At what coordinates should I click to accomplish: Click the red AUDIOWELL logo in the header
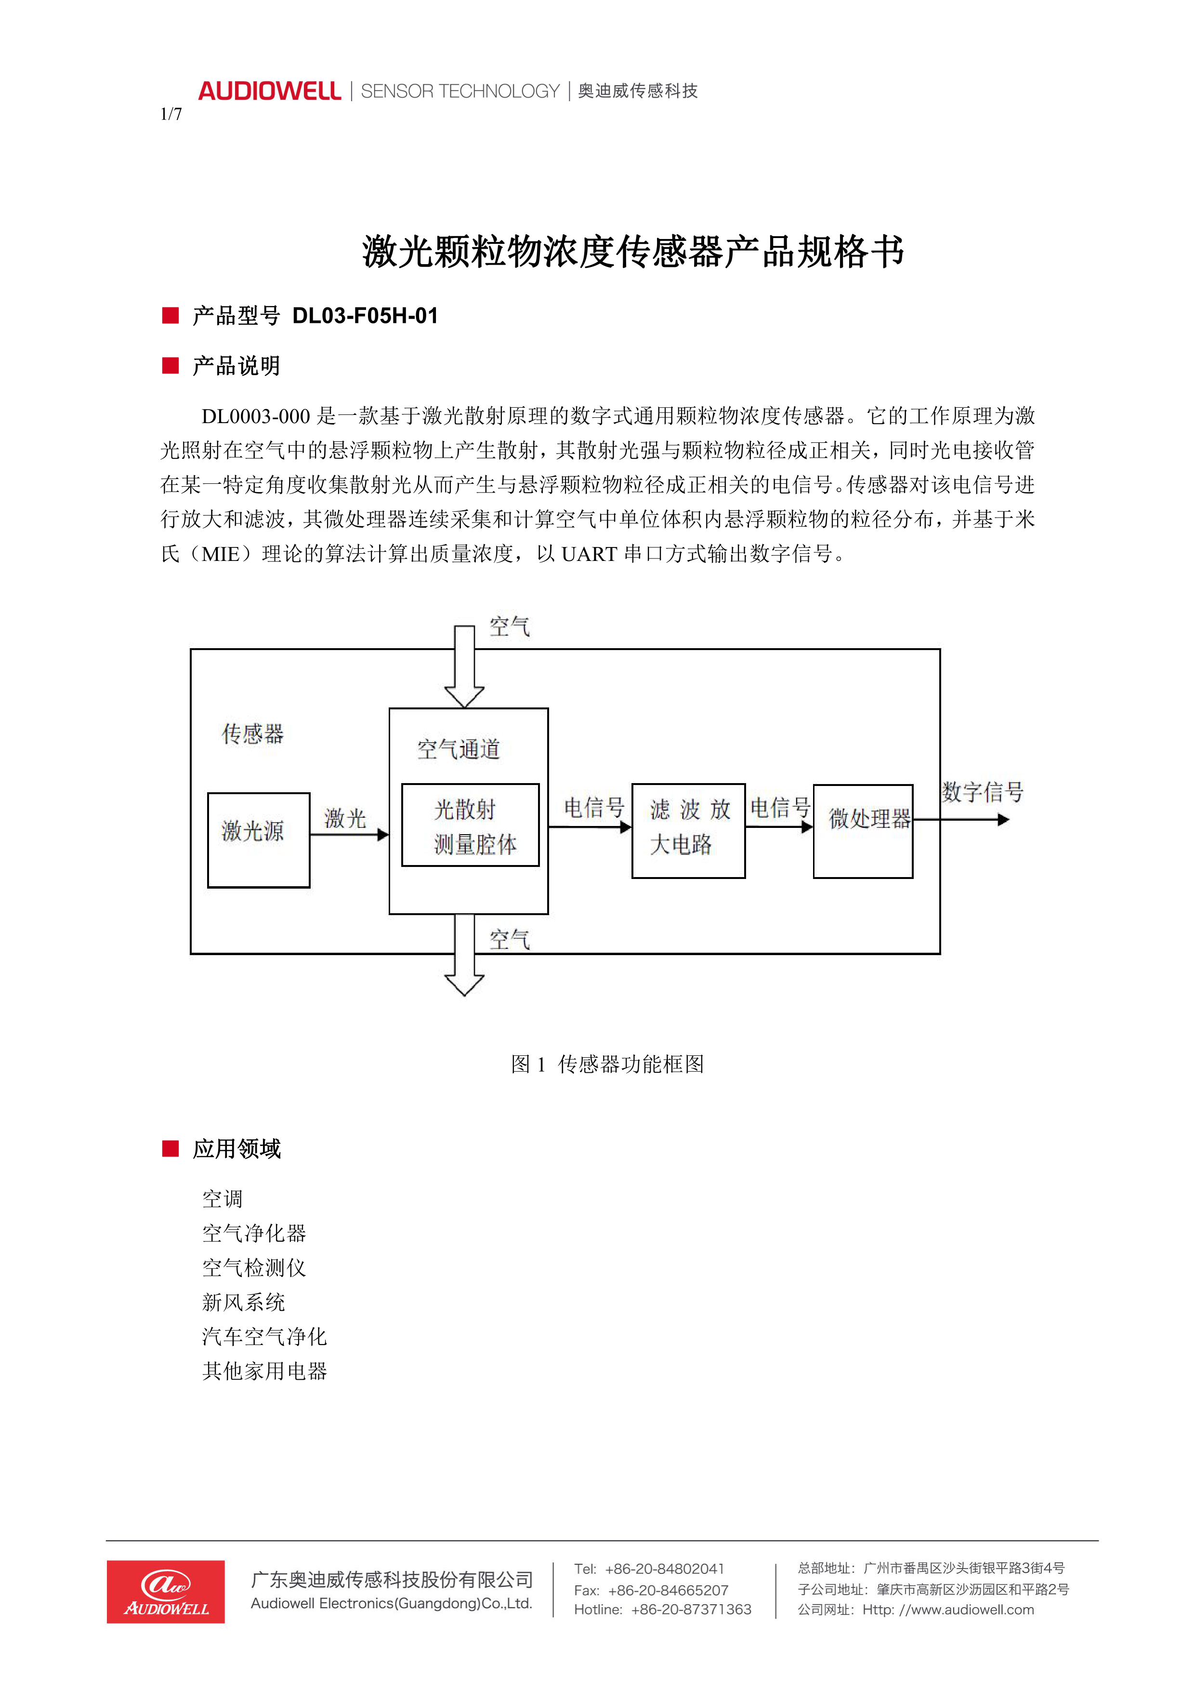(x=269, y=92)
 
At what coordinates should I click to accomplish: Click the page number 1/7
(x=171, y=114)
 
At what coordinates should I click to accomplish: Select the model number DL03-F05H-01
(x=365, y=316)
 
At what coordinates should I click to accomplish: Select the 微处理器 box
(x=863, y=831)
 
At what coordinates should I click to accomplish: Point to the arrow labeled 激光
(x=349, y=835)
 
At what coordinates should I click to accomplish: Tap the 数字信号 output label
(x=982, y=792)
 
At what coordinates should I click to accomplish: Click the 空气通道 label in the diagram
(x=458, y=750)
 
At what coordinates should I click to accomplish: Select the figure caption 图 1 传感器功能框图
(x=607, y=1064)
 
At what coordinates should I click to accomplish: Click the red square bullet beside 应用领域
(x=171, y=1149)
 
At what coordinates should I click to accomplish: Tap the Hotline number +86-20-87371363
(x=691, y=1609)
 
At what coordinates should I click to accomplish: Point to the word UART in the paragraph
(x=589, y=554)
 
